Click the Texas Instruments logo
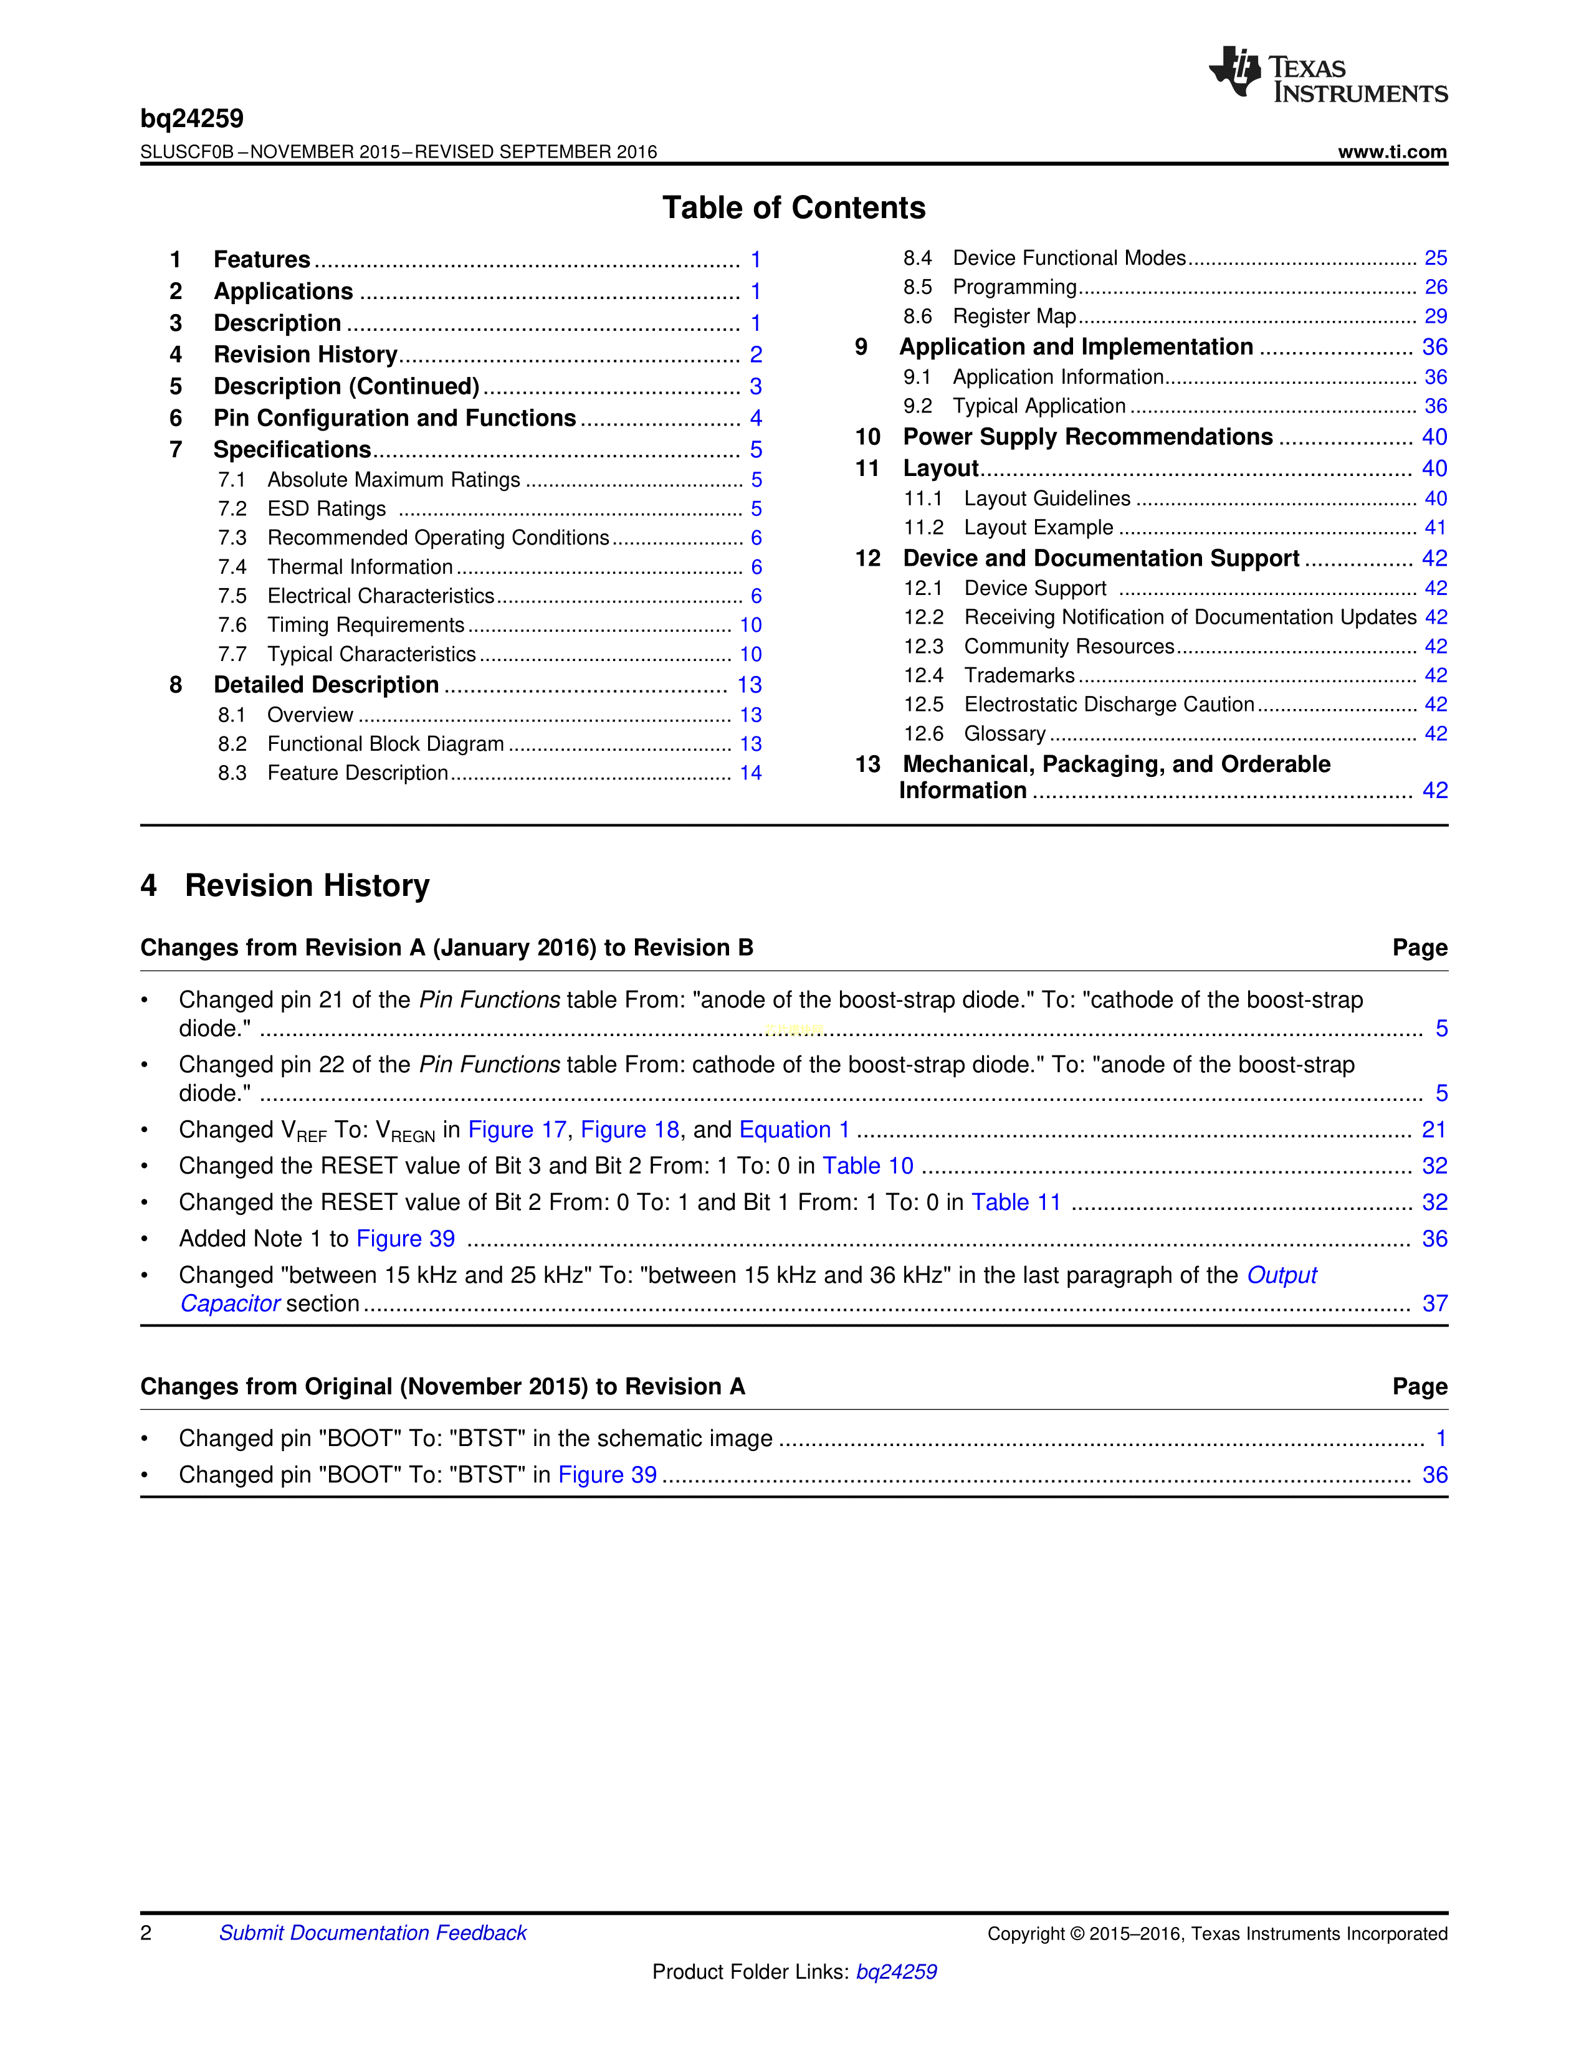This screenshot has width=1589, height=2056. point(1327,74)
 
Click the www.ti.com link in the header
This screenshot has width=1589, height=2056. point(1391,151)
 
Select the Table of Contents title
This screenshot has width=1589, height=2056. point(793,208)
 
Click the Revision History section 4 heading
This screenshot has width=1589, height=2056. point(285,886)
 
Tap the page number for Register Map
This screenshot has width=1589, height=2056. point(1434,316)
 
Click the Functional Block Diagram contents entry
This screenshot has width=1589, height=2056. point(385,744)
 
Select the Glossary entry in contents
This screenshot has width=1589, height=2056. point(1004,733)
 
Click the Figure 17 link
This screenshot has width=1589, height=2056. point(517,1130)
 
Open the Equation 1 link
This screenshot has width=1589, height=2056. point(793,1130)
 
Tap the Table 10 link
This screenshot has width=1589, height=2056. point(867,1166)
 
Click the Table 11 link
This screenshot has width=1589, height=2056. point(1016,1202)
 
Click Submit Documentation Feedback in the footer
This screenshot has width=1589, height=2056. point(373,1933)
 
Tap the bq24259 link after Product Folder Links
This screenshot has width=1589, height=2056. point(895,1971)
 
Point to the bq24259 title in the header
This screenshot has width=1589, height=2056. point(192,118)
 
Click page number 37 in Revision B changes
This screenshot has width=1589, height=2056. point(1434,1304)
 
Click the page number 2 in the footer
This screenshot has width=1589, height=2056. point(146,1933)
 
